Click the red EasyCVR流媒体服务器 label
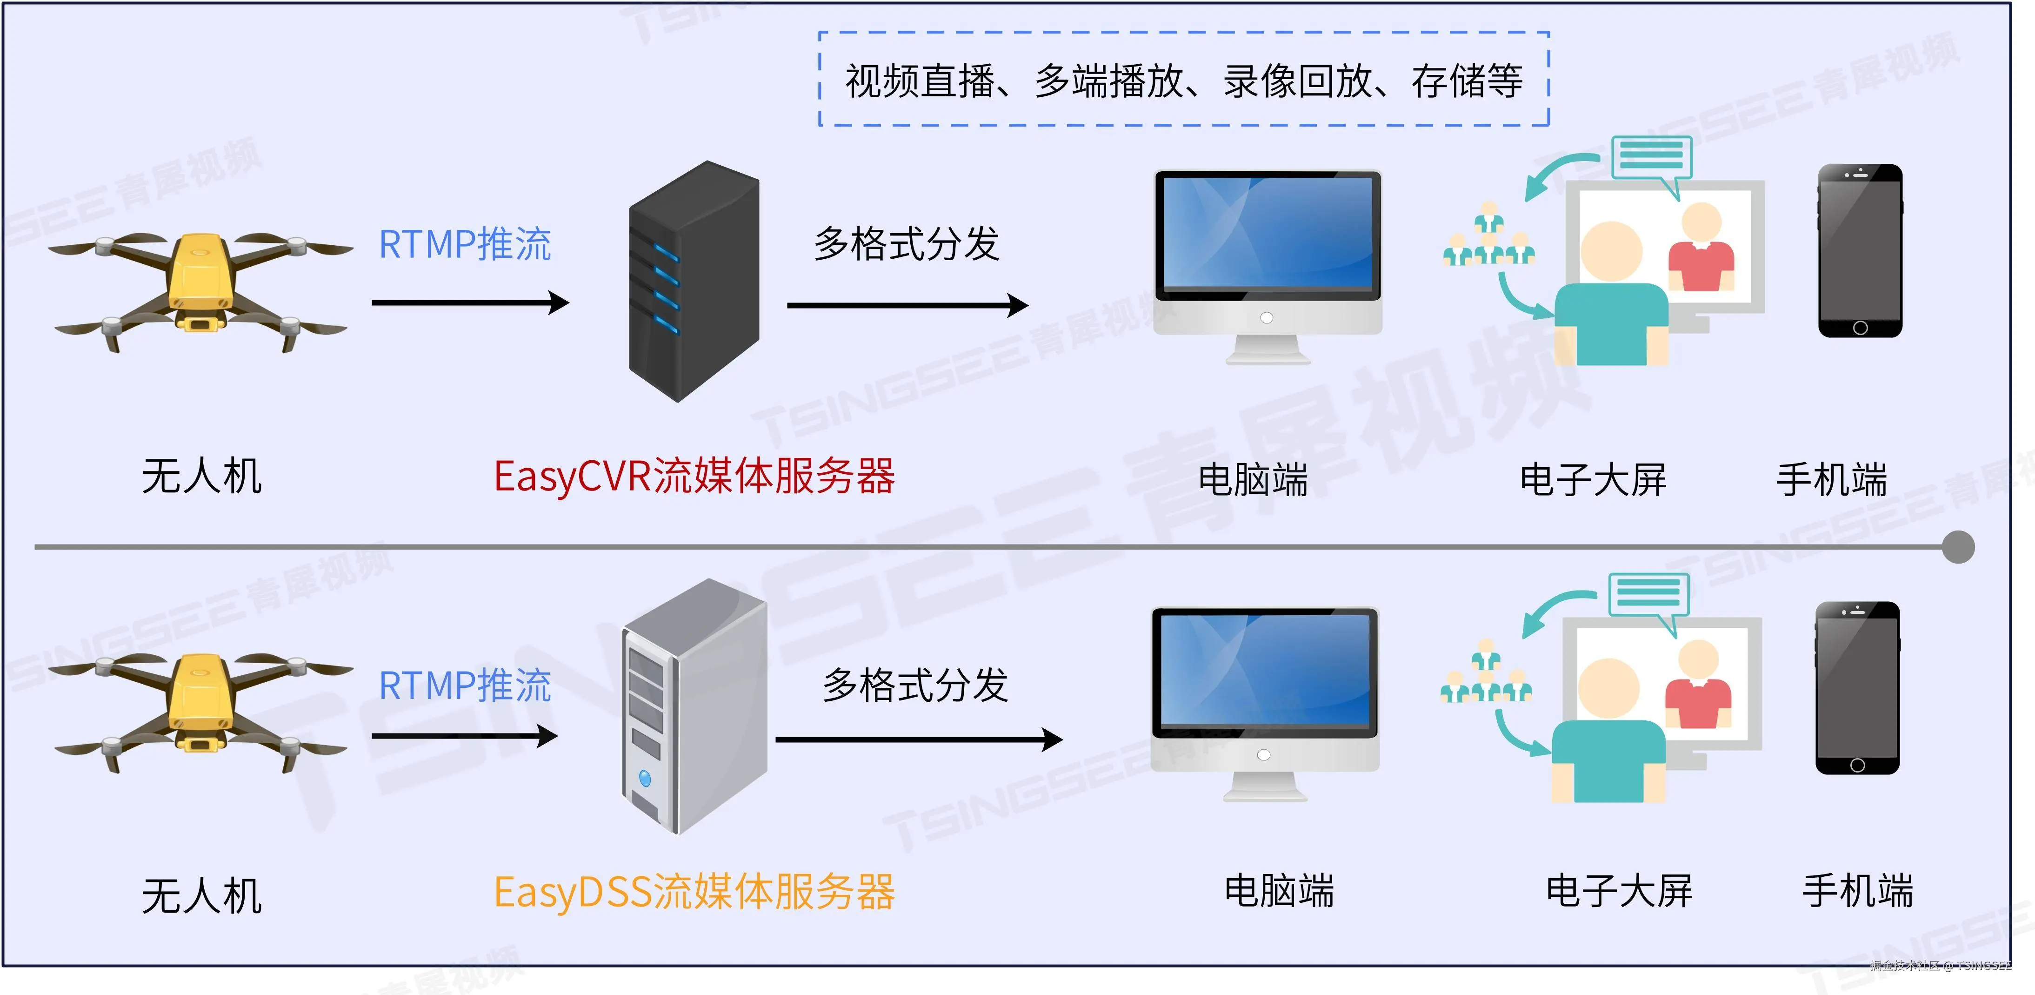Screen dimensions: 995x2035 tap(694, 477)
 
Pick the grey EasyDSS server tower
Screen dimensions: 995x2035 tap(694, 706)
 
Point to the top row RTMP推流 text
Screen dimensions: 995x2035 tap(465, 244)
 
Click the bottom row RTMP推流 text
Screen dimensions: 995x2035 tap(465, 685)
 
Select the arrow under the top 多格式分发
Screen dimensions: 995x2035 tap(907, 305)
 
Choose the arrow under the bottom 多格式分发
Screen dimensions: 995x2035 tap(918, 740)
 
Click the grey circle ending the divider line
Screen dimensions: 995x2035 tap(1958, 547)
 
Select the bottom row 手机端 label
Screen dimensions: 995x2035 tap(1857, 892)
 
